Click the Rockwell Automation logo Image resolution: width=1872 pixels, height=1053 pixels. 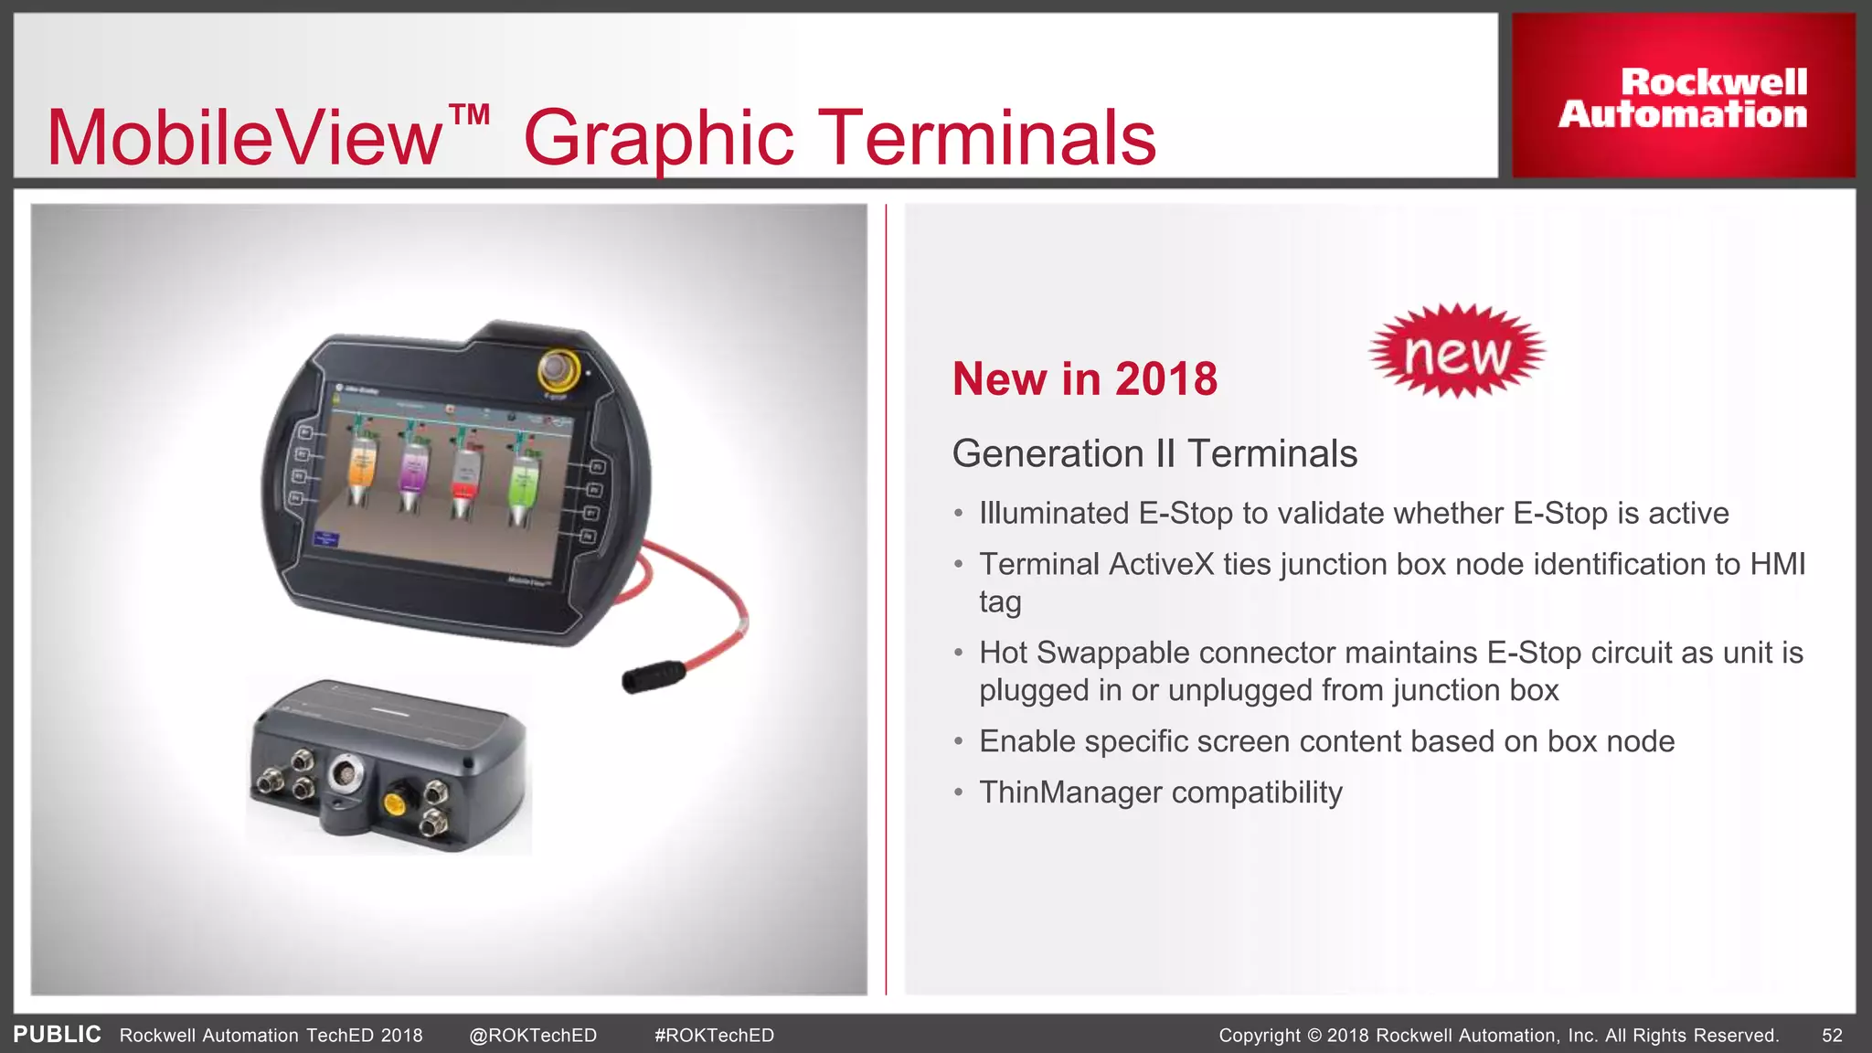coord(1683,97)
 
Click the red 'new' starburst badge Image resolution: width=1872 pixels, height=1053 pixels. coord(1457,351)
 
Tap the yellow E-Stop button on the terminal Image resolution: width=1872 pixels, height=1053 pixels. coord(557,369)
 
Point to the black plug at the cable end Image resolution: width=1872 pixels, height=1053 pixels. coord(654,676)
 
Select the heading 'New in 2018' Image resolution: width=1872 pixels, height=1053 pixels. coord(1085,378)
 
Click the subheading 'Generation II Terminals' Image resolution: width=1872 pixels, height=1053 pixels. coord(1154,453)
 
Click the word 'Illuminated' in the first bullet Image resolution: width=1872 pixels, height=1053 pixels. coord(1054,513)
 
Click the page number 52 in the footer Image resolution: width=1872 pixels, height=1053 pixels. coord(1832,1036)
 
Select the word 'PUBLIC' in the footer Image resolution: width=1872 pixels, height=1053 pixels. coord(57,1035)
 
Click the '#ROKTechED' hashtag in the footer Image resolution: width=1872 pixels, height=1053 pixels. coord(714,1036)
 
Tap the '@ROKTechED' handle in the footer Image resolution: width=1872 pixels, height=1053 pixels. coord(533,1036)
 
